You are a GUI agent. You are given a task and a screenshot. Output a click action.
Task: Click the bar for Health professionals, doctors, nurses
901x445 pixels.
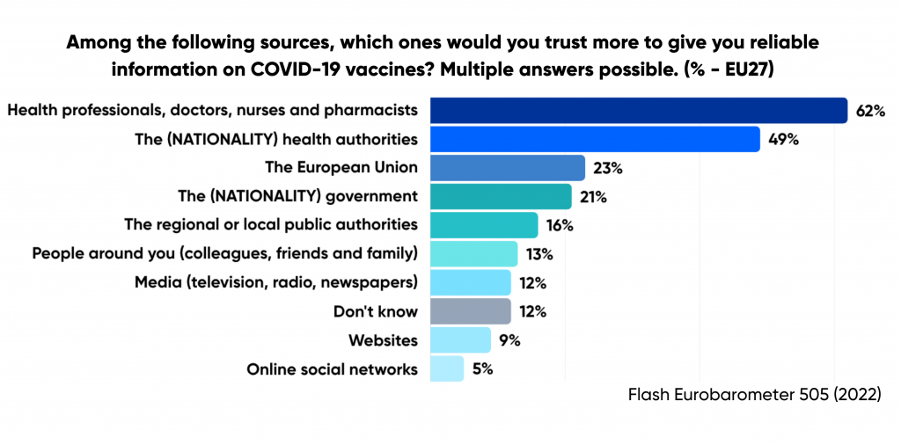click(x=638, y=111)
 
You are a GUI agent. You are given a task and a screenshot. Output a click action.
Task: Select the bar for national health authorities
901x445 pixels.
click(x=595, y=139)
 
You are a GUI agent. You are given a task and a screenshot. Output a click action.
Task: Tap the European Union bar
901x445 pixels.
click(x=508, y=168)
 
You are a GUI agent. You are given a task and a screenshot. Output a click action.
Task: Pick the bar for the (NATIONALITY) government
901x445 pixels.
click(x=501, y=196)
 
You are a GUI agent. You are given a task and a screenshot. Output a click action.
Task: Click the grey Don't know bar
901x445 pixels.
click(x=470, y=311)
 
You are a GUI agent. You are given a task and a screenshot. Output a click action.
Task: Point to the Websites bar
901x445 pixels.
click(x=460, y=339)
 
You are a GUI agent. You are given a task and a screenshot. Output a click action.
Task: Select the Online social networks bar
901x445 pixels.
click(x=447, y=368)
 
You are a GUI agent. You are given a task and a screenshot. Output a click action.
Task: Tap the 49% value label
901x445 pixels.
click(x=782, y=139)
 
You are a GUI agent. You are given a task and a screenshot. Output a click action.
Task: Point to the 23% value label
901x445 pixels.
click(x=607, y=168)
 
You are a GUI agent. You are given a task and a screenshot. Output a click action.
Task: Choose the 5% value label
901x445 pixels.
click(x=482, y=368)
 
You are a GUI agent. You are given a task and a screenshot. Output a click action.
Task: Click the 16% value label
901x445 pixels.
click(x=560, y=225)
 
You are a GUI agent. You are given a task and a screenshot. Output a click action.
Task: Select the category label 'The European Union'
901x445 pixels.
click(x=341, y=168)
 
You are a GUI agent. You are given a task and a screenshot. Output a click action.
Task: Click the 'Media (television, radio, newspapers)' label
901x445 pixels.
click(x=276, y=282)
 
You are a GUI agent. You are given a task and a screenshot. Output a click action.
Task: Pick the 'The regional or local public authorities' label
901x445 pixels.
click(x=271, y=225)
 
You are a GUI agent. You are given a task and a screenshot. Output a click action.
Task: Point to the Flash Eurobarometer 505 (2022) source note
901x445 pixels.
click(x=754, y=395)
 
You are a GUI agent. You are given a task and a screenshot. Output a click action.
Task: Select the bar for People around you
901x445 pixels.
click(x=473, y=254)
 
